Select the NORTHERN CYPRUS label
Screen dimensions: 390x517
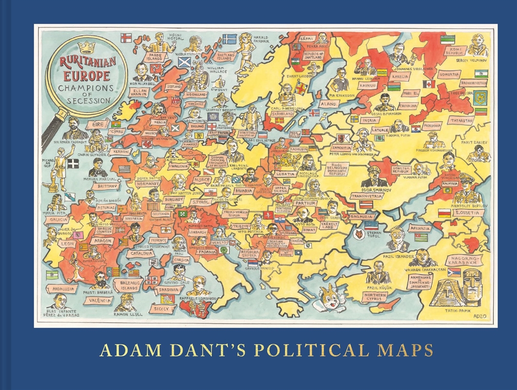(375, 297)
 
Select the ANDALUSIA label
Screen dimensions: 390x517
(64, 289)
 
